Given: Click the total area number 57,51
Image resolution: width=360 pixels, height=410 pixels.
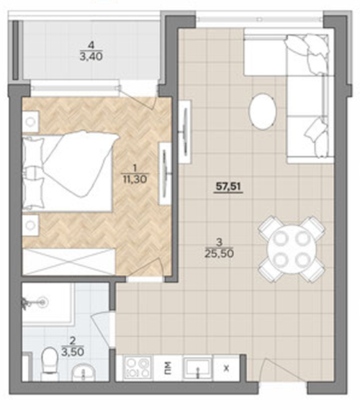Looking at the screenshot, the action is (228, 187).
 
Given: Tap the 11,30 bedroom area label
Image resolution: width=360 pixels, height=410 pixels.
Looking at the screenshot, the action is (135, 179).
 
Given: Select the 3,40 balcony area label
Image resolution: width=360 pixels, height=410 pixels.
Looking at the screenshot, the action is (91, 56).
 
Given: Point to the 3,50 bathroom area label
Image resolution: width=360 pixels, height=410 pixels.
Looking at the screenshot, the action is (73, 352).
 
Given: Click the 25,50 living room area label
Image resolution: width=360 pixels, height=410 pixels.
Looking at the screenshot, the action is (220, 253).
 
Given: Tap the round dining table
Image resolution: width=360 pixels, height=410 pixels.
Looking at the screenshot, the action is (292, 249).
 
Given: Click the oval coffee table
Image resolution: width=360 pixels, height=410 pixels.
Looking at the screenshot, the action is (262, 111).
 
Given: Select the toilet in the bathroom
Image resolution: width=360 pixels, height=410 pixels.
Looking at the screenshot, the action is (50, 363).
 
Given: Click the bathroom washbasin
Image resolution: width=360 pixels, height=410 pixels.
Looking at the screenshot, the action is (83, 373).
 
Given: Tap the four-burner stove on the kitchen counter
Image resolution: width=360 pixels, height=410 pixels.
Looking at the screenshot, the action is (137, 368).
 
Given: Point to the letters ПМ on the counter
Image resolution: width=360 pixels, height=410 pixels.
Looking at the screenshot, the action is (168, 368).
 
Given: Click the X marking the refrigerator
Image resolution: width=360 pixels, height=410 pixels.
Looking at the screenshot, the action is (226, 369).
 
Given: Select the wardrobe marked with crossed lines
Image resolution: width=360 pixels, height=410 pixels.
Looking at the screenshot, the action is (69, 262).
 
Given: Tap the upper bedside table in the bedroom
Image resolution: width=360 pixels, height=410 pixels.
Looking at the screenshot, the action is (31, 122).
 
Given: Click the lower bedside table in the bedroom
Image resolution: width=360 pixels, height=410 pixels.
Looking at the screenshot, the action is (31, 225).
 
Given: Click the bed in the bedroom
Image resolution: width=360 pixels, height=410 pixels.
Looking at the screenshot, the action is (69, 172).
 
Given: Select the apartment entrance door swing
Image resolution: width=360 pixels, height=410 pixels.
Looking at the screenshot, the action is (284, 371).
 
